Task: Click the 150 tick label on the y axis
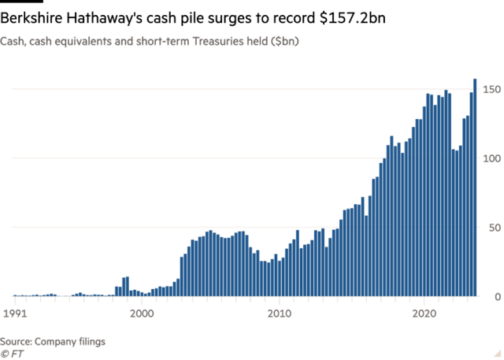[x=491, y=90]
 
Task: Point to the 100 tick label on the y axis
[x=491, y=158]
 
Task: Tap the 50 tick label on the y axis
[x=494, y=228]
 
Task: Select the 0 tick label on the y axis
[x=497, y=297]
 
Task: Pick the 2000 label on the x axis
[x=142, y=312]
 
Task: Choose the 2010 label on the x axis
[x=281, y=312]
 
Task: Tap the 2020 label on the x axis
[x=424, y=312]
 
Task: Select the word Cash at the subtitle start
[x=11, y=39]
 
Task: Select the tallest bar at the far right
[x=475, y=189]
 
